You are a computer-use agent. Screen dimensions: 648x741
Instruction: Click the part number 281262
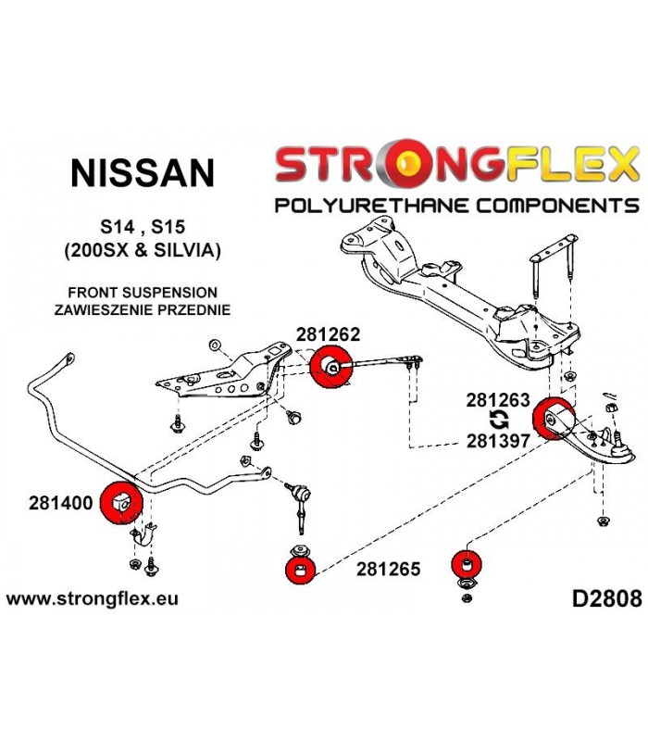(x=329, y=334)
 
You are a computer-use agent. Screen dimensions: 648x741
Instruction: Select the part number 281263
(x=498, y=400)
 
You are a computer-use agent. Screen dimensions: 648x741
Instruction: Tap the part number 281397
(x=498, y=441)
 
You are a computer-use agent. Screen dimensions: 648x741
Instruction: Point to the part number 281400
(x=60, y=503)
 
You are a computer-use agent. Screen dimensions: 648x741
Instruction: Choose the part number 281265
(x=388, y=569)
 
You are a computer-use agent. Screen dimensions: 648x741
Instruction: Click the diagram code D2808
(x=607, y=598)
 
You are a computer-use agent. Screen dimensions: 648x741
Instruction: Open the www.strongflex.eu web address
(x=92, y=599)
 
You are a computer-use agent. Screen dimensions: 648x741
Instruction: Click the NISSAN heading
(x=143, y=173)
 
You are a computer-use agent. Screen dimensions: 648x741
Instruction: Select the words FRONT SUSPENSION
(x=143, y=293)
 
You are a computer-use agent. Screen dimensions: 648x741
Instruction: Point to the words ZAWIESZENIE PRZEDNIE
(x=143, y=310)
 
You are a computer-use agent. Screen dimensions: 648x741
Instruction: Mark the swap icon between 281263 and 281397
(x=499, y=421)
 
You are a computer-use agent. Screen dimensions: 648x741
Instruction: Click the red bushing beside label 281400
(x=122, y=502)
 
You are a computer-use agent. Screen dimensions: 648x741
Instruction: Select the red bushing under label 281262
(x=331, y=367)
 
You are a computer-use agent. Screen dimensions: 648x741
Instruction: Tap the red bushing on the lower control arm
(x=554, y=420)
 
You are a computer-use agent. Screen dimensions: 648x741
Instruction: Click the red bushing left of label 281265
(x=300, y=571)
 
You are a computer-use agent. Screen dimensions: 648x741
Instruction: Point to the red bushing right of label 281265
(x=467, y=564)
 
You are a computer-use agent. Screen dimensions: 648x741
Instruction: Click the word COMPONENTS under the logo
(x=557, y=206)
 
